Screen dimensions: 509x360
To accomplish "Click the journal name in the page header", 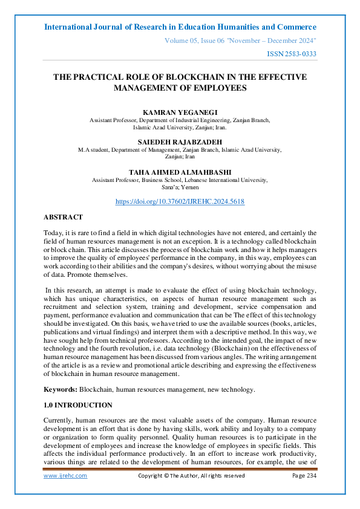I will click(x=180, y=27).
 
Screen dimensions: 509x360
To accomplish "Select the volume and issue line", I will click(x=241, y=41).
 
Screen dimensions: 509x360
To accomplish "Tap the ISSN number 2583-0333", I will click(x=292, y=54).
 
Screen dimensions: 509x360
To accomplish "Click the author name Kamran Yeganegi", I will click(x=180, y=112).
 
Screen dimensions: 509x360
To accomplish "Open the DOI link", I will click(x=180, y=201).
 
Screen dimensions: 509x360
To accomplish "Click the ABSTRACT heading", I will click(x=63, y=217).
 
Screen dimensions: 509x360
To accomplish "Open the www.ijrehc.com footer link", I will click(x=65, y=476).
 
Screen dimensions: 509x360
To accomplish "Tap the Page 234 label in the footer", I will click(x=304, y=476).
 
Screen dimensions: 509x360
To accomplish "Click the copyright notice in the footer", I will click(x=191, y=476).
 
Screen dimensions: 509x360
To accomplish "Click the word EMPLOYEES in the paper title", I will click(x=218, y=88).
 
